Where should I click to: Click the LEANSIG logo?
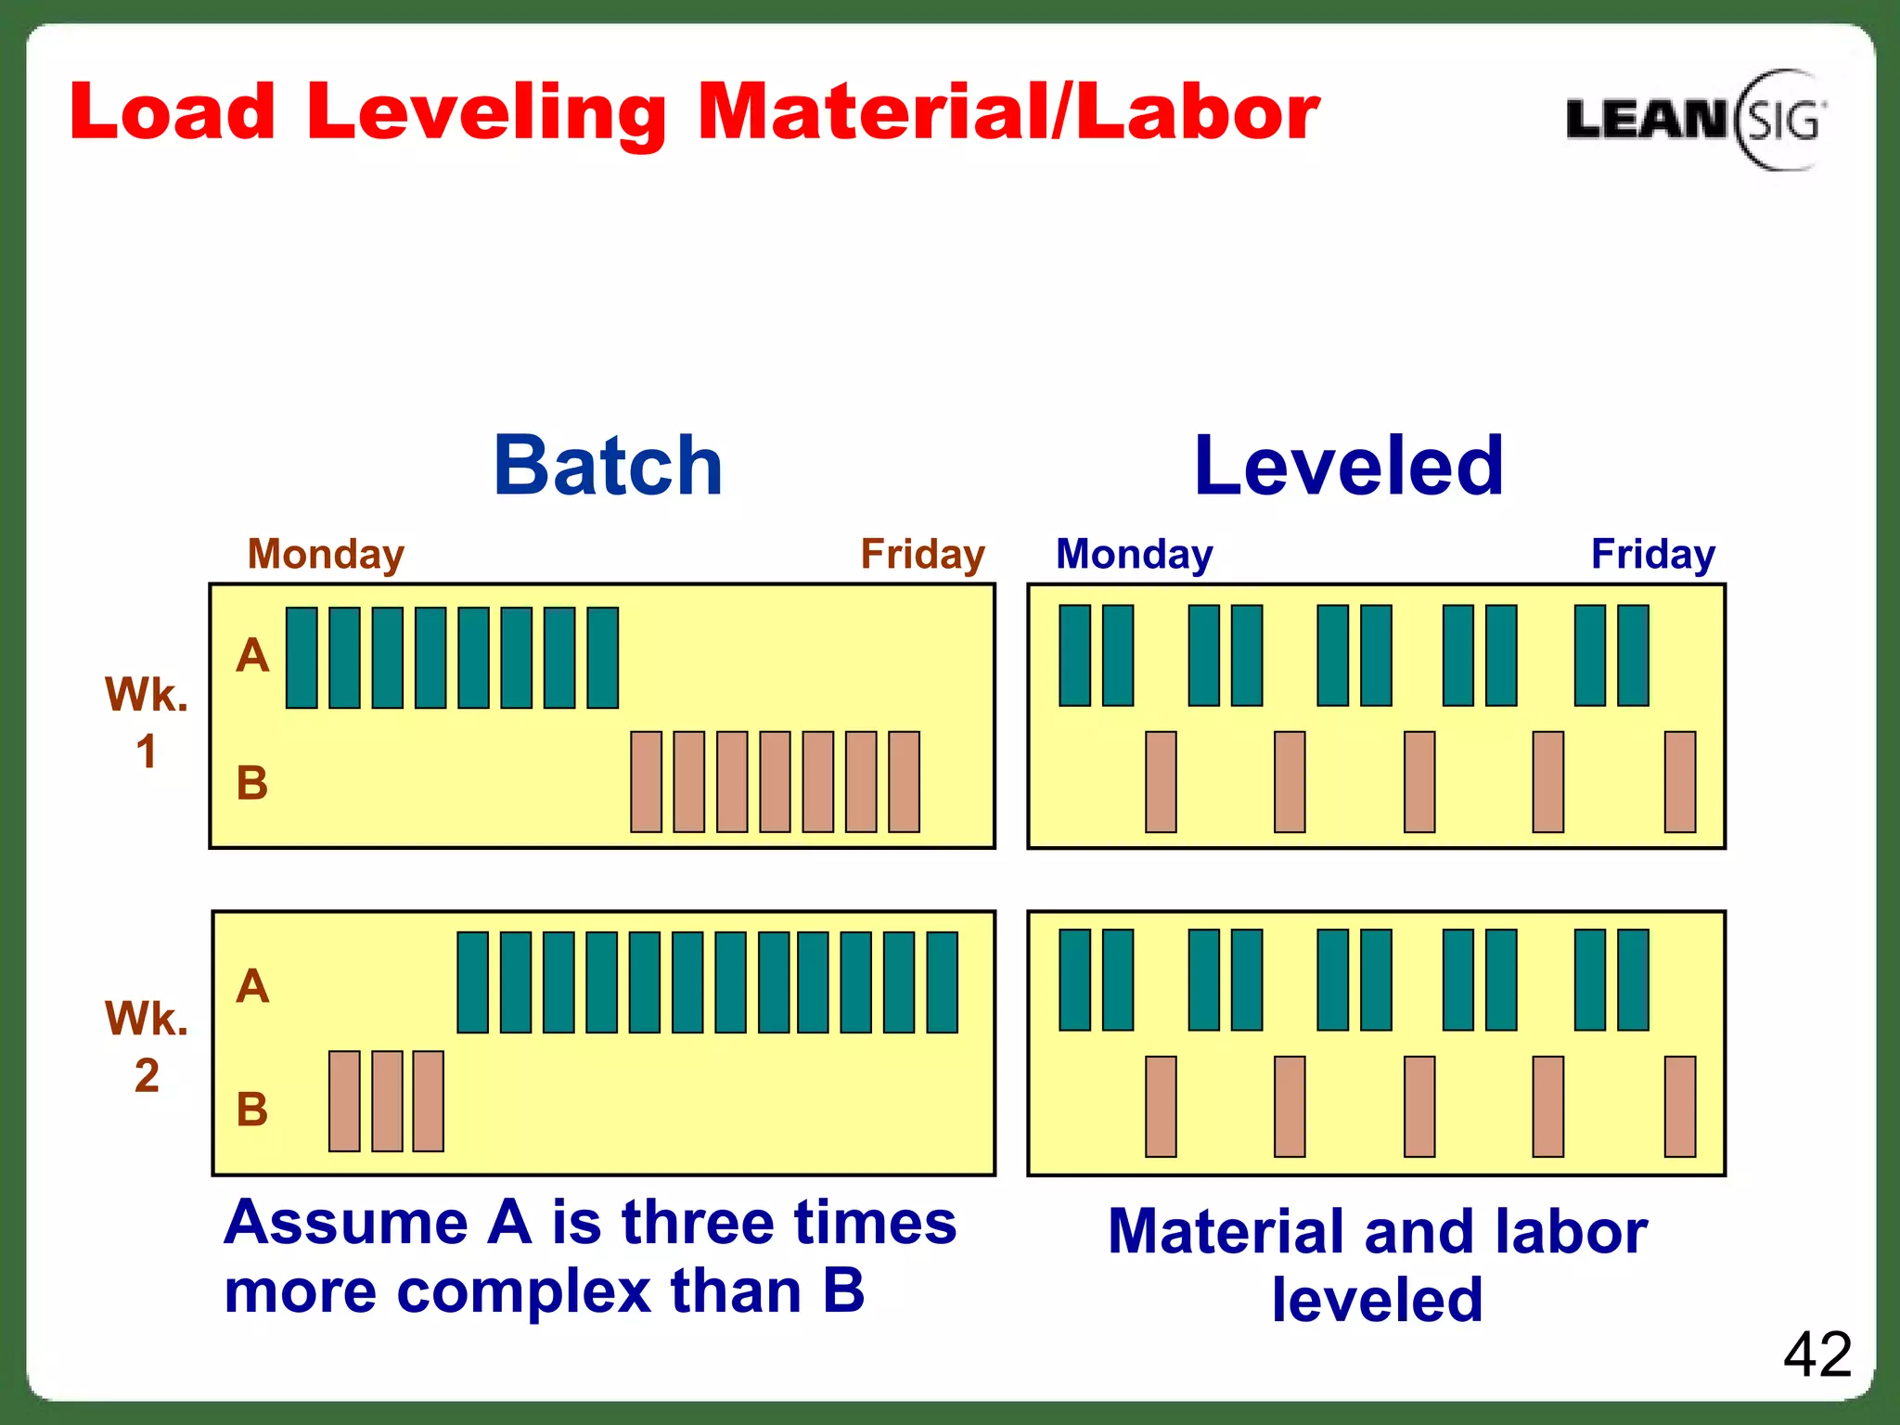pyautogui.click(x=1694, y=120)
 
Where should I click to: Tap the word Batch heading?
pyautogui.click(x=608, y=466)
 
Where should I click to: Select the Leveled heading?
pyautogui.click(x=1348, y=466)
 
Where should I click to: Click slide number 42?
pyautogui.click(x=1817, y=1354)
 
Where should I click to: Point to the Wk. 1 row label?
pyautogui.click(x=147, y=722)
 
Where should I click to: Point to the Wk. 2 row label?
pyautogui.click(x=147, y=1046)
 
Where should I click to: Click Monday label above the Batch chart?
pyautogui.click(x=326, y=554)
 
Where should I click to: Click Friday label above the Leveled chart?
pyautogui.click(x=1652, y=554)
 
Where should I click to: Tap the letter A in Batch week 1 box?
pyautogui.click(x=252, y=656)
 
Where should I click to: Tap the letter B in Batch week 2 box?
pyautogui.click(x=252, y=1109)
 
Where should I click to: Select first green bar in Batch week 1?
pyautogui.click(x=302, y=658)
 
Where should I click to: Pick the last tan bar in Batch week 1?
pyautogui.click(x=904, y=781)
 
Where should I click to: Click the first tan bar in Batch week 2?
pyautogui.click(x=344, y=1101)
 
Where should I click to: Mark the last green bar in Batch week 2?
pyautogui.click(x=942, y=982)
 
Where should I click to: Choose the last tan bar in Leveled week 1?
pyautogui.click(x=1679, y=781)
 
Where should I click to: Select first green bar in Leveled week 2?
pyautogui.click(x=1074, y=980)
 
